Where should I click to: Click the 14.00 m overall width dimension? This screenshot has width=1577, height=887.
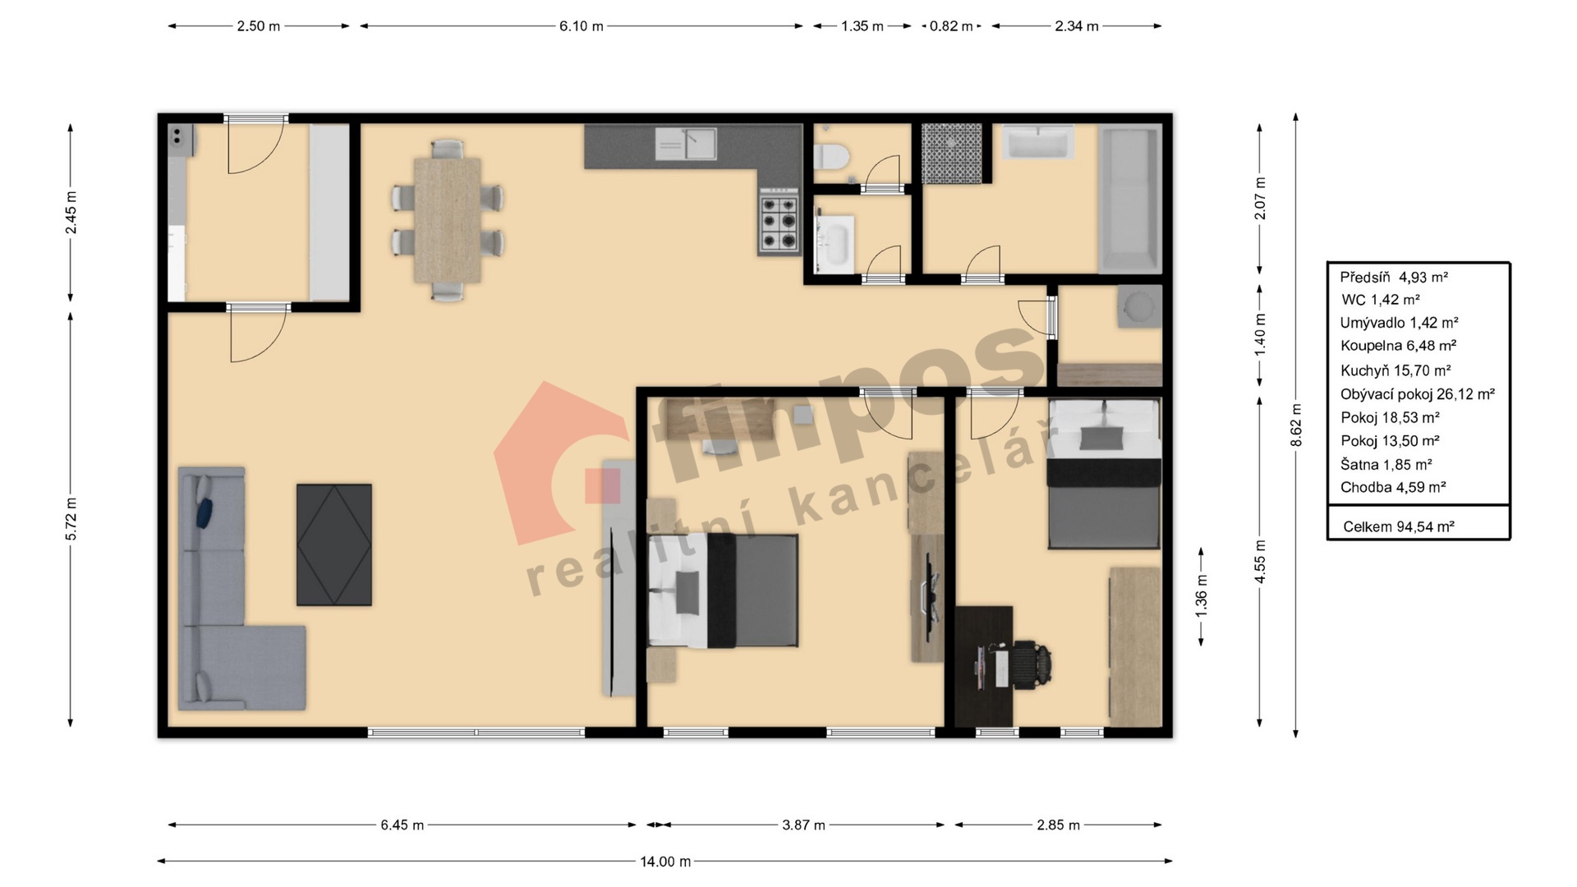[665, 862]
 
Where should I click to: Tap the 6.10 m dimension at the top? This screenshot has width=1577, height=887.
[582, 26]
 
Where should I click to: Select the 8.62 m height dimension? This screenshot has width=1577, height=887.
[1296, 425]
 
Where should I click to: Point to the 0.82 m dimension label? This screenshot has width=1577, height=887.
[951, 26]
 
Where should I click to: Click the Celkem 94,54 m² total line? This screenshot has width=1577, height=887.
[1399, 526]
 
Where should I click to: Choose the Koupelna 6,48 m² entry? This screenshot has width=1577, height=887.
[1398, 346]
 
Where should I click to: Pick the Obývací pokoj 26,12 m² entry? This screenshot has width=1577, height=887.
[1417, 394]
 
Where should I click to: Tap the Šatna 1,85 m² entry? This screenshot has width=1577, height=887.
[1386, 464]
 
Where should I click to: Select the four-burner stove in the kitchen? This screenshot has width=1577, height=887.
[779, 218]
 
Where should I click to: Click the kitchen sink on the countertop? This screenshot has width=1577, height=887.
[686, 144]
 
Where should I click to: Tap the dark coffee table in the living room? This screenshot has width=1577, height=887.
[333, 545]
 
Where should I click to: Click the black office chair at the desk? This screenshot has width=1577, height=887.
[1032, 663]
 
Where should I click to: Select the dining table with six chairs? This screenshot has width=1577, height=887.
[448, 219]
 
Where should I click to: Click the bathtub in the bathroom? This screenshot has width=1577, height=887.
[1130, 200]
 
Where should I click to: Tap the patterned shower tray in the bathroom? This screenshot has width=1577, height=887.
[951, 154]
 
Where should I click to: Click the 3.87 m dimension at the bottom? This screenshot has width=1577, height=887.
[803, 825]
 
